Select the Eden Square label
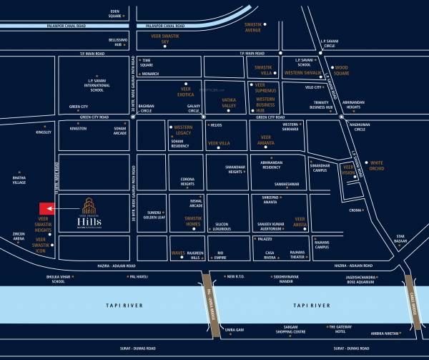[110, 12]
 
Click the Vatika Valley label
[228, 103]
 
